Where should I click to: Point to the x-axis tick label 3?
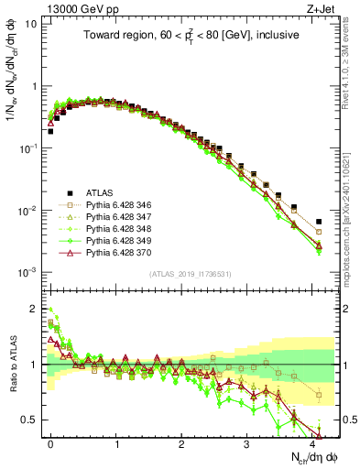[x=246, y=442]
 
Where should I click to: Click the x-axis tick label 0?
[x=50, y=442]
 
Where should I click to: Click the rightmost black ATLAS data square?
[x=319, y=222]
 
